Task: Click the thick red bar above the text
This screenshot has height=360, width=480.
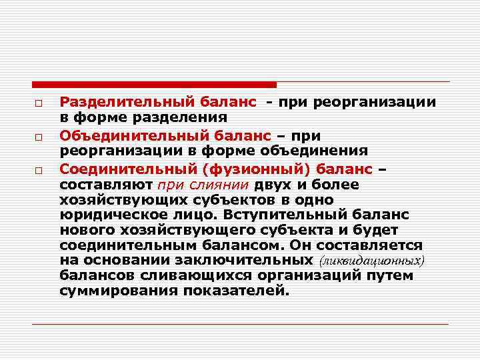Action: click(154, 85)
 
